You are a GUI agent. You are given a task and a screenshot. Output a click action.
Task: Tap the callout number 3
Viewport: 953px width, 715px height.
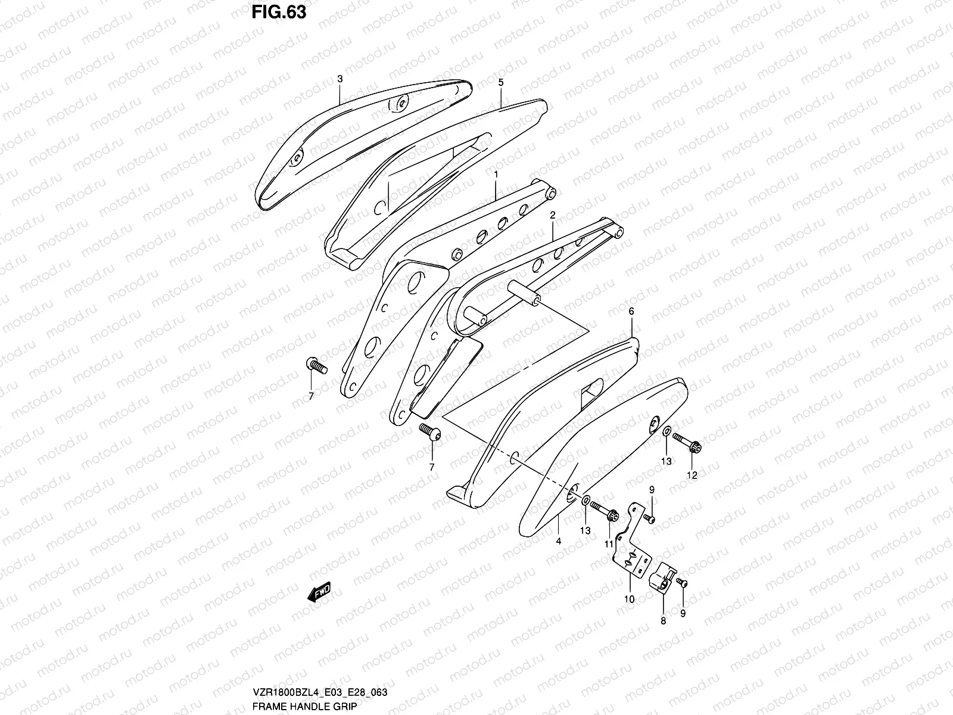(340, 79)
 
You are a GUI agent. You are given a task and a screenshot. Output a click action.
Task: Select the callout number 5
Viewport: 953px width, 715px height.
(500, 83)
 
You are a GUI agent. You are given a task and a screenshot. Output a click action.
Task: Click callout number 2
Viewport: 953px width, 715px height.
(553, 214)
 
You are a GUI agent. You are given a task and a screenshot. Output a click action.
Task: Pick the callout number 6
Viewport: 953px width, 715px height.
(631, 311)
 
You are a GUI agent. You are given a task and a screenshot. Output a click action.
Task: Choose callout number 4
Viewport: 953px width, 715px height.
(559, 541)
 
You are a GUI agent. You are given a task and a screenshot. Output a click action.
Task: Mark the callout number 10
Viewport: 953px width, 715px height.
(629, 599)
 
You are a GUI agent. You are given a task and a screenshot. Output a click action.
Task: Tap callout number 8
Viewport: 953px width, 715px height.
(664, 620)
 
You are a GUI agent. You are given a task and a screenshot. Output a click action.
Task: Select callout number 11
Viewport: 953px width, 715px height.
(608, 544)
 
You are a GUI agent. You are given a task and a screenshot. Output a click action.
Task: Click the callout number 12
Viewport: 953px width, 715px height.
(692, 475)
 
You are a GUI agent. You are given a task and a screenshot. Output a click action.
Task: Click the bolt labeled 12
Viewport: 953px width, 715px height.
(687, 442)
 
